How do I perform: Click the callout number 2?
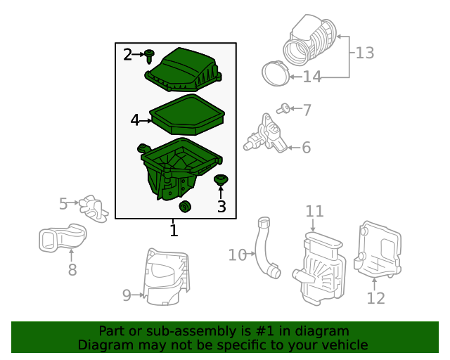point(127,55)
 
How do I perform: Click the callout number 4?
point(135,120)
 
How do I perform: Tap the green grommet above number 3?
point(221,180)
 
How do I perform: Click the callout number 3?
point(221,206)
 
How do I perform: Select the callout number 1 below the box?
point(174,230)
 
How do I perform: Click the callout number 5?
point(63,204)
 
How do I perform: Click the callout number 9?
point(127,295)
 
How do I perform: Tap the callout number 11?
point(314,211)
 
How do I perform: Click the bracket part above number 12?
point(378,253)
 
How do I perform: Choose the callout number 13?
point(364,53)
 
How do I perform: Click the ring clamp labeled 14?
point(274,73)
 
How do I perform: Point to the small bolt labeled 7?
point(283,108)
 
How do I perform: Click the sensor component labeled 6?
point(266,134)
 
